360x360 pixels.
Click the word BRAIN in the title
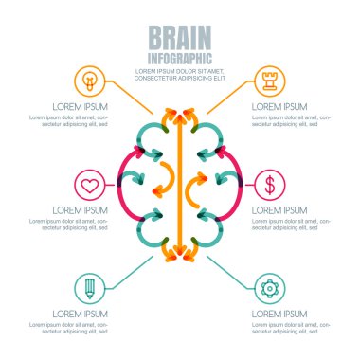(x=179, y=37)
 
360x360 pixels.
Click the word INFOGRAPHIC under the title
(x=179, y=57)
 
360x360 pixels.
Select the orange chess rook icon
(x=270, y=80)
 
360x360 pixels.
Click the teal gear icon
(x=270, y=287)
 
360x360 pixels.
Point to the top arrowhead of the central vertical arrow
(x=179, y=112)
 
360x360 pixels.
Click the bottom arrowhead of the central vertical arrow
(x=179, y=253)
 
